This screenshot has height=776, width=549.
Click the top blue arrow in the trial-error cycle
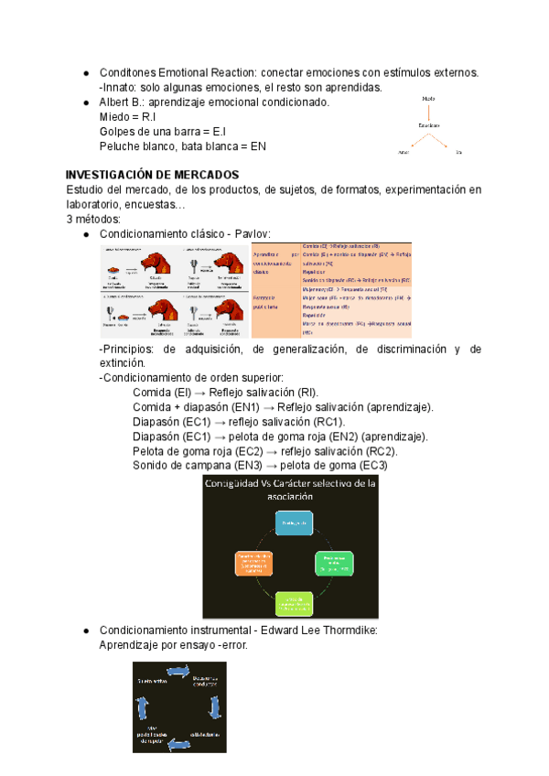pos(176,674)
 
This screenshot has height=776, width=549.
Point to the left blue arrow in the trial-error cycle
pos(141,707)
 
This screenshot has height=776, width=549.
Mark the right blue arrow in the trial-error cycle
pos(214,707)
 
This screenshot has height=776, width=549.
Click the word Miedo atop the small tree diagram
pos(429,99)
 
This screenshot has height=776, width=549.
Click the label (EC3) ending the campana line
pos(373,466)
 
